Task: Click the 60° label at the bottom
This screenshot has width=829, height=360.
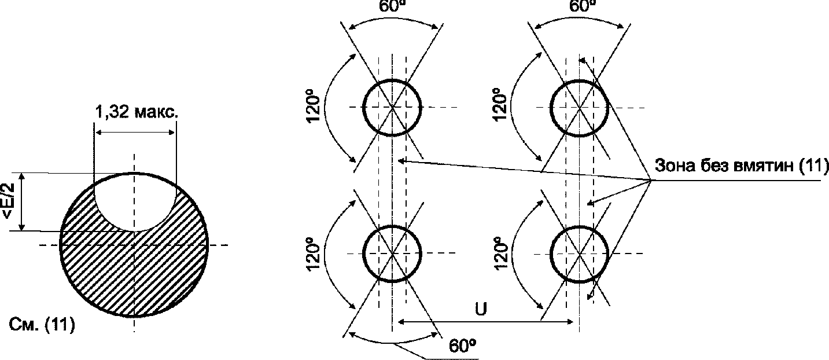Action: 462,346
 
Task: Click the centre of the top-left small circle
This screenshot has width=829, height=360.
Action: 392,107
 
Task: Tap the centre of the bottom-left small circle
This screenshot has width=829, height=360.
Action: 392,254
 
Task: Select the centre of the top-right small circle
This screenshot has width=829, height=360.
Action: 580,107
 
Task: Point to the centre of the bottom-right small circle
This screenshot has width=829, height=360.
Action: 580,254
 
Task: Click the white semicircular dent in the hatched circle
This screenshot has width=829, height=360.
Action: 134,203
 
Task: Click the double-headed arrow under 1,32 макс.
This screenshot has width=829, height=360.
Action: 135,133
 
